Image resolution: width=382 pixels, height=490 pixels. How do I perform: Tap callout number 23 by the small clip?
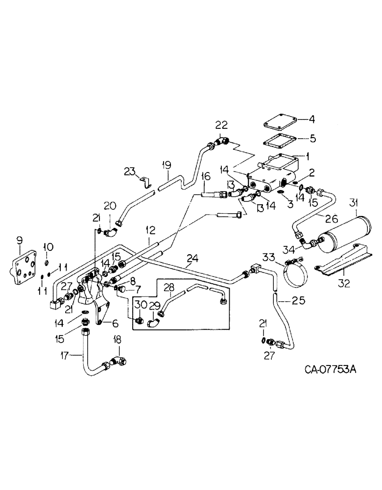point(129,171)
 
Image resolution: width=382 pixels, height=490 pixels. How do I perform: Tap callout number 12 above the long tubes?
point(150,228)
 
